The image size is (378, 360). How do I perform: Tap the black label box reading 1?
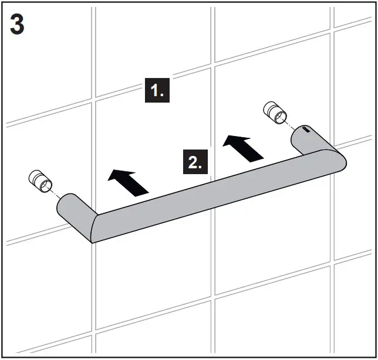[x=157, y=91]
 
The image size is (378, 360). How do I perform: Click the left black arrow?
[x=128, y=181]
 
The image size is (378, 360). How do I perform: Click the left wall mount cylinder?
[x=41, y=181]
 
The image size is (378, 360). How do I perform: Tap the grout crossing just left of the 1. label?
[x=93, y=97]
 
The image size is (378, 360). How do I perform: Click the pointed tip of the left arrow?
[x=109, y=172]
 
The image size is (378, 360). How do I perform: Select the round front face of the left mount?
[x=45, y=186]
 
